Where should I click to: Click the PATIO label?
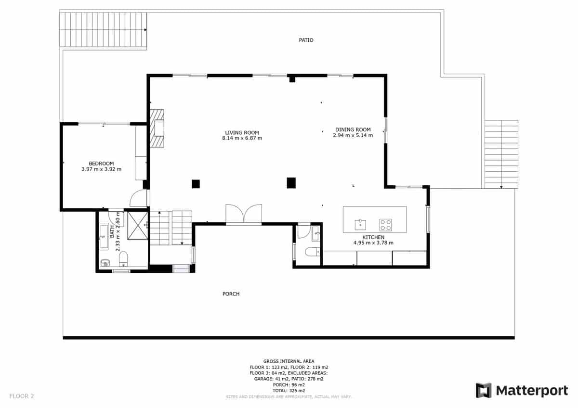pos(306,40)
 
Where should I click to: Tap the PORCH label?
pos(231,294)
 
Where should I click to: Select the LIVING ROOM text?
pos(242,132)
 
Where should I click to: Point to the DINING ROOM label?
pos(353,129)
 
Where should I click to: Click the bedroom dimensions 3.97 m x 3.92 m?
pos(101,169)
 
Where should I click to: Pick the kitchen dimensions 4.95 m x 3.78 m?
pos(373,242)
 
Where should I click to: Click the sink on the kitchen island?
pos(360,224)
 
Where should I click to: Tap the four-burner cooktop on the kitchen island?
pos(385,224)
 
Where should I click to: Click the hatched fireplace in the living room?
pos(157,128)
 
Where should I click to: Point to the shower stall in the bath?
pos(137,225)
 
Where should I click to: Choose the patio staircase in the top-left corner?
pos(103,30)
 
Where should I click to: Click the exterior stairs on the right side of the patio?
pos(501,154)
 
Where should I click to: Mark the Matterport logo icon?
pos(484,390)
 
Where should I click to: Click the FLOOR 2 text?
pos(22,396)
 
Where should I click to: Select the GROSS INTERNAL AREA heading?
pos(289,361)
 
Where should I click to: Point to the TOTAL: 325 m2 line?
pos(289,390)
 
